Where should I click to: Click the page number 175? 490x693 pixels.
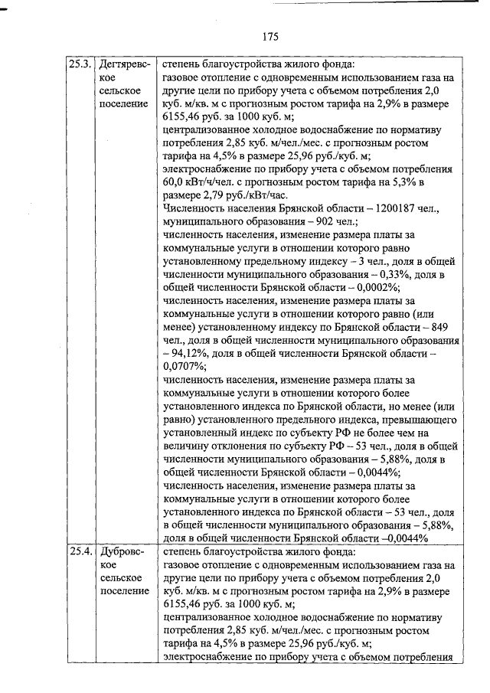pos(269,36)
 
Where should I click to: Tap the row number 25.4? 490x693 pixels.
pos(80,551)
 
